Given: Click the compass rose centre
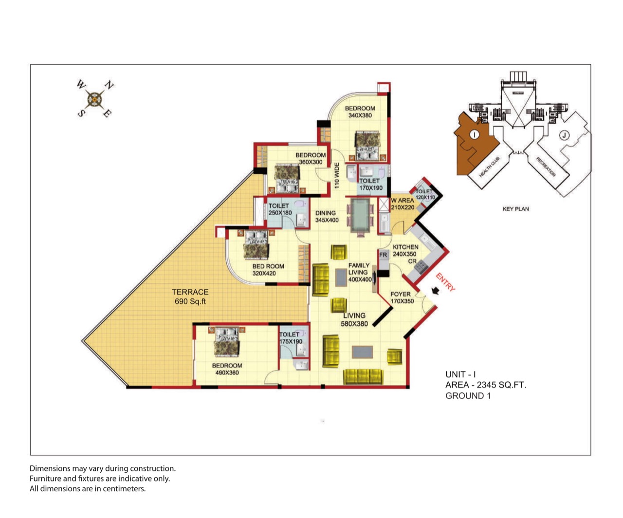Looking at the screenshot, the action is [x=95, y=99].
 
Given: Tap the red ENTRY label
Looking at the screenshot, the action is [x=445, y=282].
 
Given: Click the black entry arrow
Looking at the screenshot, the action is [x=435, y=291].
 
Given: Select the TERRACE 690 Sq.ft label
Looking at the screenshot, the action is [x=190, y=296].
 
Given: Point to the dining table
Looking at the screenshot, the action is [x=360, y=215].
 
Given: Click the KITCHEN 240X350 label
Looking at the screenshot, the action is [x=405, y=251].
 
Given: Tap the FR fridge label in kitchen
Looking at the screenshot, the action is [x=383, y=255].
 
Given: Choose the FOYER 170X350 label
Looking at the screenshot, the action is [x=402, y=298].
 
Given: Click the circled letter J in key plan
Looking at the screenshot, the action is [x=564, y=135].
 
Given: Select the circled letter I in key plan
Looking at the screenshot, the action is [x=474, y=134].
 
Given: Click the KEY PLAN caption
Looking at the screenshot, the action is [x=515, y=209].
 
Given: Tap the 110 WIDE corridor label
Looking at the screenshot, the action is [x=337, y=175].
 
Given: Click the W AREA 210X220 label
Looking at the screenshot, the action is [x=403, y=204].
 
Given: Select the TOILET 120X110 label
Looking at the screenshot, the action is [x=425, y=194].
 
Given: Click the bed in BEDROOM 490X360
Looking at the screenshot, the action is [x=227, y=342].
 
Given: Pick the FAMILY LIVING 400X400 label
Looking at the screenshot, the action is [x=360, y=273].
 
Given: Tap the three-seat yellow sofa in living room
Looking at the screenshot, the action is [x=363, y=376].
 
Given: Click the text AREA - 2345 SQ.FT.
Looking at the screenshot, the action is [x=486, y=385].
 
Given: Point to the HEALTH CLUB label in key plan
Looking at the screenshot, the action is [x=489, y=166].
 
